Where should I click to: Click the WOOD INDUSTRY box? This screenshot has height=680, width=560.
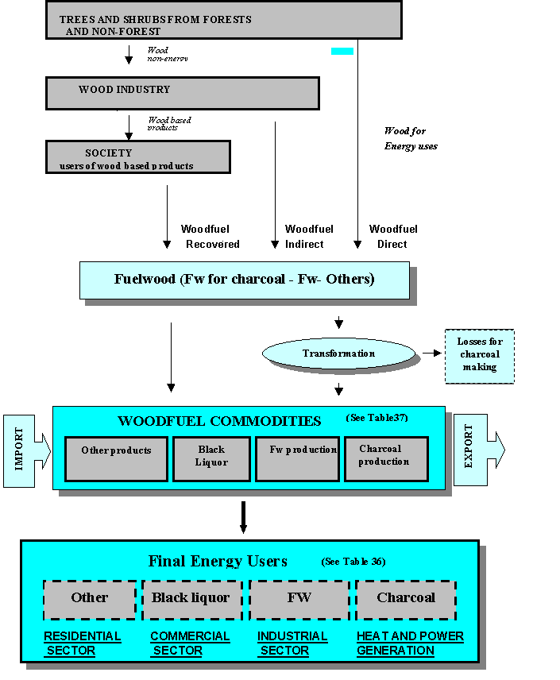point(183,92)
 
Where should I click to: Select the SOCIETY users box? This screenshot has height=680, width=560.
point(137,157)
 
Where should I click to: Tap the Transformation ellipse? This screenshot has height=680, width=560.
point(339,354)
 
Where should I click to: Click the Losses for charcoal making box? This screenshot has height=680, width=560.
point(479,354)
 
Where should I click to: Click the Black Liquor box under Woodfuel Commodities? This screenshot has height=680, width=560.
point(212,458)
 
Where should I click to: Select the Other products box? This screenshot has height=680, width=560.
point(117,458)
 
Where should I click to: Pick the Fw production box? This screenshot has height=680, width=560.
point(298,458)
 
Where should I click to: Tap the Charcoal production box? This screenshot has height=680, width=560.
point(386,458)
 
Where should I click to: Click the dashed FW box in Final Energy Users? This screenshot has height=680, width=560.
point(299,599)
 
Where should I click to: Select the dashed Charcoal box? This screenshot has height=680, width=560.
point(406,599)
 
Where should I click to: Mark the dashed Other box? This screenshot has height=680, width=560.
point(90,599)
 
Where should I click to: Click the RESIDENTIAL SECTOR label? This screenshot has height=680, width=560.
point(82,643)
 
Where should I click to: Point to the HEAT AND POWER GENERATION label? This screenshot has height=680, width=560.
point(410,643)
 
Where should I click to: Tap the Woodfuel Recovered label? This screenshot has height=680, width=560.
point(210,237)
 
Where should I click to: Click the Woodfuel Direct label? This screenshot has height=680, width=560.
point(392,237)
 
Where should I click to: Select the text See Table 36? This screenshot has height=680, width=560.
point(353,562)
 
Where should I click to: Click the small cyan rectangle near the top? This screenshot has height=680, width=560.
point(342,51)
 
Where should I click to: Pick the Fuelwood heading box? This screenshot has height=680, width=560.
point(245,280)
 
